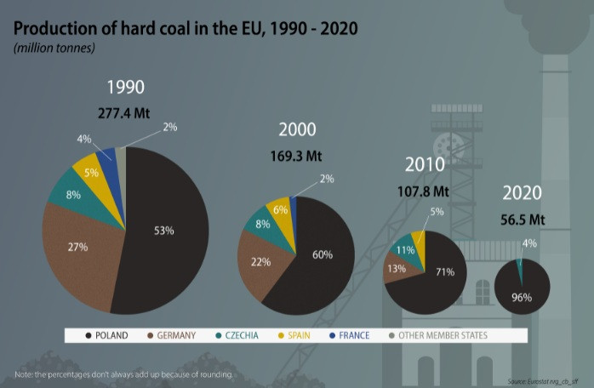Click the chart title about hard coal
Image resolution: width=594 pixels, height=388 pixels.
tap(186, 28)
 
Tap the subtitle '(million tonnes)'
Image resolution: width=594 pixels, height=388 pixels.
tap(54, 48)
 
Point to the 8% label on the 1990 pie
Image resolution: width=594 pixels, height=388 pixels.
tap(74, 194)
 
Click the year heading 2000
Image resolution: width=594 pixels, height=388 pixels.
tap(297, 130)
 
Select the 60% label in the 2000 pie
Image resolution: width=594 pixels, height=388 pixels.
tap(322, 254)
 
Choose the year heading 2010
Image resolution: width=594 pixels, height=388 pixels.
tap(425, 165)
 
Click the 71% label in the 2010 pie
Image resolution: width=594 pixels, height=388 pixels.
tap(445, 272)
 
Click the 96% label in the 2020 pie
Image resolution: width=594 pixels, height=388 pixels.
tap(522, 297)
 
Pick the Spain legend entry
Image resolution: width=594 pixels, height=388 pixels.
tap(292, 335)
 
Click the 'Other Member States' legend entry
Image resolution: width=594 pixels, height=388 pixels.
tap(437, 335)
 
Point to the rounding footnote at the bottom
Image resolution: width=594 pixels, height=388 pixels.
tap(123, 374)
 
